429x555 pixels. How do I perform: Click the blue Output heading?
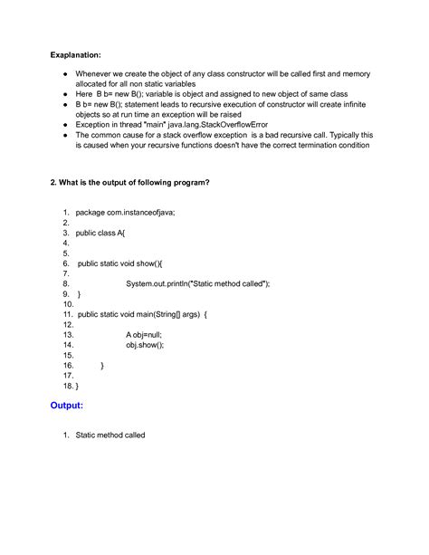click(72, 406)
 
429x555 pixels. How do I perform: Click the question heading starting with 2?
click(130, 182)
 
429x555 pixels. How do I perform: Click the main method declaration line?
click(143, 314)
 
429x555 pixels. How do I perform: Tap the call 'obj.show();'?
click(146, 345)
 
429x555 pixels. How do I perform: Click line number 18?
click(67, 386)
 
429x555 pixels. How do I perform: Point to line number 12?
click(67, 324)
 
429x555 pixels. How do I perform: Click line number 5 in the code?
click(67, 253)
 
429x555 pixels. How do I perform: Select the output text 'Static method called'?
click(110, 435)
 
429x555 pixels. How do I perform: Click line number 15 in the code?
click(67, 355)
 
